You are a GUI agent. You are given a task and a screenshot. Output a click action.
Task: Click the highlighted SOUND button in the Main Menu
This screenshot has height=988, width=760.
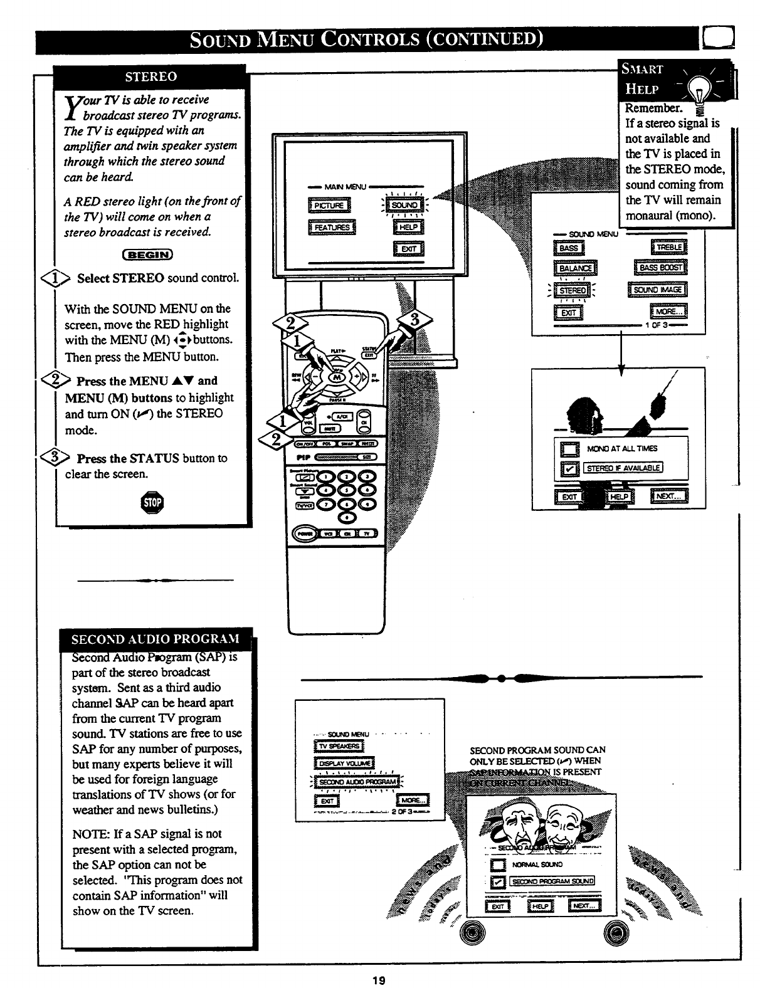(x=404, y=205)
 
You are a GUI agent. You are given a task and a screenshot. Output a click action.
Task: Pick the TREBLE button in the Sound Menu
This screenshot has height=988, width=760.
(x=669, y=248)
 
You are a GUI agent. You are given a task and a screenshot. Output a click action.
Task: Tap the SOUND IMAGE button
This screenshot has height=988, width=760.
(x=657, y=290)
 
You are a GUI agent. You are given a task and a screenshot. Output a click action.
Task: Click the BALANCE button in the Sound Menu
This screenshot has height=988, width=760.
(x=575, y=269)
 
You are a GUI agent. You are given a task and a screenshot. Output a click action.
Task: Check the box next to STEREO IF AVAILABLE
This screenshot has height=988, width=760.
(x=570, y=468)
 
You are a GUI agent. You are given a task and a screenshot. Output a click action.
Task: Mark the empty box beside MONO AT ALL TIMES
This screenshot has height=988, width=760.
(x=570, y=449)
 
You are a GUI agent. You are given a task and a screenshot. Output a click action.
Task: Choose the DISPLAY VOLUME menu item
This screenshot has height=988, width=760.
(x=344, y=764)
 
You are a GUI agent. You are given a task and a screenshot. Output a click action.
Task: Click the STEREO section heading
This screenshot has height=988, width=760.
(x=151, y=77)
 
